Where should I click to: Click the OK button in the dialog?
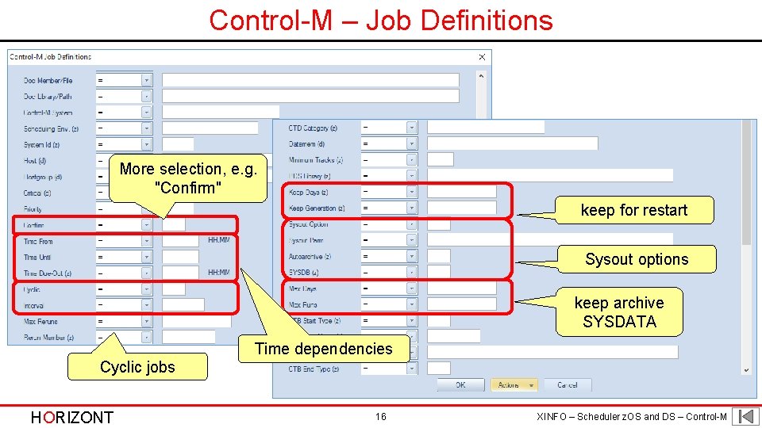[x=460, y=385]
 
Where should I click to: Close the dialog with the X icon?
[x=482, y=57]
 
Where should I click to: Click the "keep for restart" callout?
[x=633, y=210]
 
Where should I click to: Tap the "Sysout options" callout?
[x=637, y=259]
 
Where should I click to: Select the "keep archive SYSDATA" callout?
[x=619, y=312]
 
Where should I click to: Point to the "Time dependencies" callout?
[x=324, y=349]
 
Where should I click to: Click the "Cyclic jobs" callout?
[x=137, y=367]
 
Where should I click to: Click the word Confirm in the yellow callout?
[x=189, y=188]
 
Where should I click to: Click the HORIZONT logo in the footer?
[x=71, y=417]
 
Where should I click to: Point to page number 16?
[x=381, y=417]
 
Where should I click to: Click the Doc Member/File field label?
[x=48, y=80]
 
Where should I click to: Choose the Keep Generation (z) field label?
[x=317, y=208]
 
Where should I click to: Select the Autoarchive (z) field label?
[x=310, y=257]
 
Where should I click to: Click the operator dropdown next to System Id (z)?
[x=124, y=144]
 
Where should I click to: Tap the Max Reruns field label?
[x=40, y=322]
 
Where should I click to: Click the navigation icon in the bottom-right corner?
[x=745, y=416]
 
